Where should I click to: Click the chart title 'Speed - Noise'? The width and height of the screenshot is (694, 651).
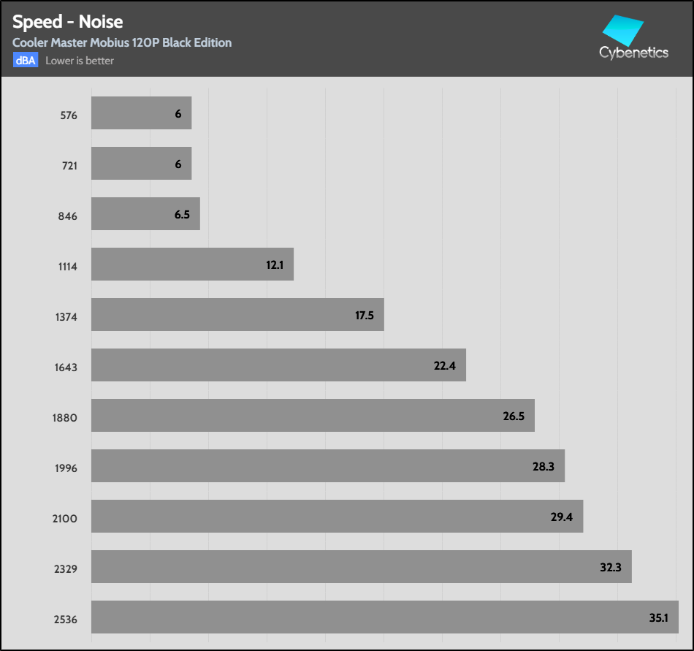click(x=67, y=22)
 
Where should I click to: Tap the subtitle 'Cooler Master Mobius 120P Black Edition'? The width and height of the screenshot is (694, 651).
click(x=122, y=42)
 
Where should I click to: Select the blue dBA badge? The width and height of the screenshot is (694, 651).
click(x=25, y=61)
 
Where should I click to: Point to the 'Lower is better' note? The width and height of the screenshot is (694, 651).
click(x=80, y=61)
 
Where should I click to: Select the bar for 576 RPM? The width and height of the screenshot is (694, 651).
click(x=141, y=113)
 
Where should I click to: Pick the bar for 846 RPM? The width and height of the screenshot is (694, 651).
click(x=145, y=214)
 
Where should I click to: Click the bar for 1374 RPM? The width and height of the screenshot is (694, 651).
click(x=237, y=315)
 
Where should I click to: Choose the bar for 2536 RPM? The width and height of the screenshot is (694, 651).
click(x=384, y=617)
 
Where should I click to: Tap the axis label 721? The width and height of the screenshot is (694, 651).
click(x=69, y=166)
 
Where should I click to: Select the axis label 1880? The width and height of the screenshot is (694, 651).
click(x=66, y=418)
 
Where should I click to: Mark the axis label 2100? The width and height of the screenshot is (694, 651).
click(x=66, y=519)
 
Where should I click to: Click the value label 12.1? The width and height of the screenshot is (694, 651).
click(x=275, y=265)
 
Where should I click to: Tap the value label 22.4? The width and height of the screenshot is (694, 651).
click(x=444, y=366)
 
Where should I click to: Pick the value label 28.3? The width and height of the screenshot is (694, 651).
click(x=544, y=467)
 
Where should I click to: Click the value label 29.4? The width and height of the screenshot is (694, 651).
click(x=561, y=517)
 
